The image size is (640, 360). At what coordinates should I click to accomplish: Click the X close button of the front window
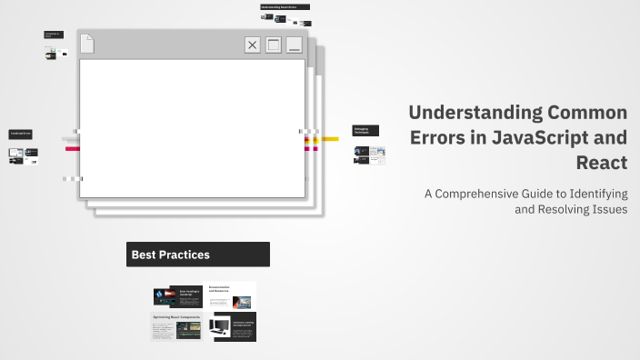253,45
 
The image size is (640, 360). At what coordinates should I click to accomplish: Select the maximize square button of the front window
274,45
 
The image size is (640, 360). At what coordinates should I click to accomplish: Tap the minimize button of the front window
294,45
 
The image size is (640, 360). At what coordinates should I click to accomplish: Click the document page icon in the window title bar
87,44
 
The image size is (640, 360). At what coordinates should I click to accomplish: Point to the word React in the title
601,164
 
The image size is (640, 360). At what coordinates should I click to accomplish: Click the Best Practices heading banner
197,255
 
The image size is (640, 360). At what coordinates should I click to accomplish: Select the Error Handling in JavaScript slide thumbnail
177,296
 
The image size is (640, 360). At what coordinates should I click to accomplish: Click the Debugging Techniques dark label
365,131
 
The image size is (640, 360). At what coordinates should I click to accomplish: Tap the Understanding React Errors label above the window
285,6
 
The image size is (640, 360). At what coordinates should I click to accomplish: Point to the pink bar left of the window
70,148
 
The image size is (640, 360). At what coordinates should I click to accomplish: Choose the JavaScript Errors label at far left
21,134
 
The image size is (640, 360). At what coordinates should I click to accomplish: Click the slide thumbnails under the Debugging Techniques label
369,155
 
